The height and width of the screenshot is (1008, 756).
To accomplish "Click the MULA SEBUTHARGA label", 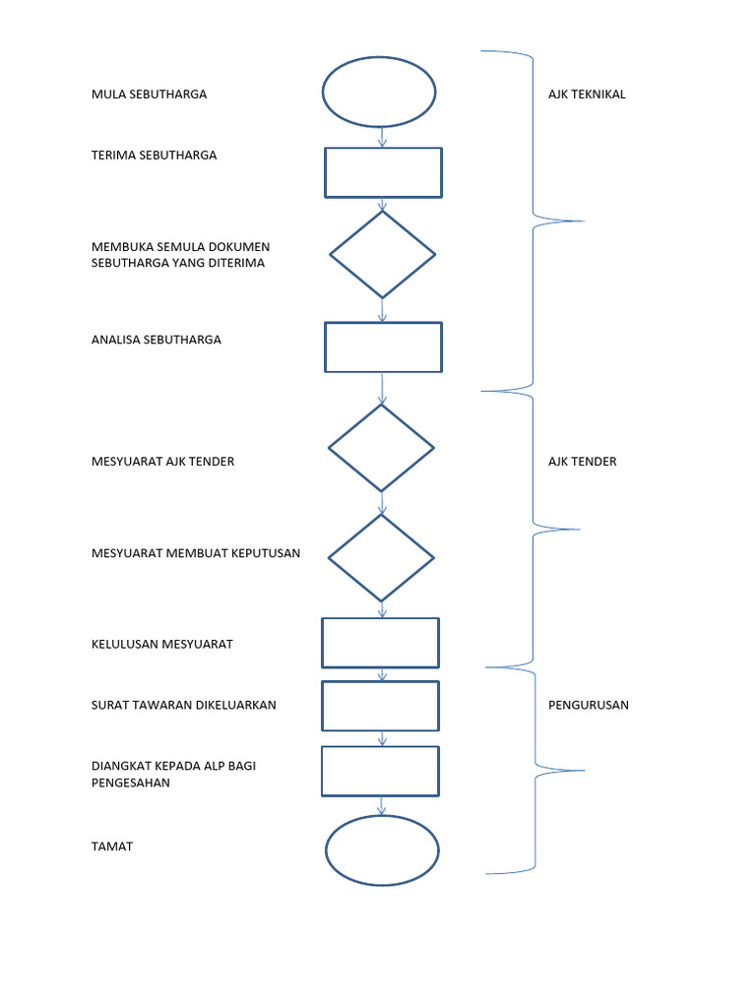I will click(x=149, y=94).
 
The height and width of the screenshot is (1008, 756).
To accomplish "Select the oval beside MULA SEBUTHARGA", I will click(x=379, y=92).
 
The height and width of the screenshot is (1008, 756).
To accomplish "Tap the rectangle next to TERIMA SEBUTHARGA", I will click(x=383, y=173).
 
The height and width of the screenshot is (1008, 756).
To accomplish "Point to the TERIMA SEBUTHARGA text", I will click(x=154, y=156).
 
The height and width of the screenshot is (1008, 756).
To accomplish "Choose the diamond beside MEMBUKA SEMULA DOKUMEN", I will click(x=382, y=254).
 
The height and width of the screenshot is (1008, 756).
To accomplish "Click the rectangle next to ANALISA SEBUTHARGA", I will click(x=383, y=347).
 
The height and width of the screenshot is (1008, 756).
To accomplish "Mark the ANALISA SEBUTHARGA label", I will click(x=156, y=340).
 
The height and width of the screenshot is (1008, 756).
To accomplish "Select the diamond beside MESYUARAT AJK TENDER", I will click(x=381, y=448).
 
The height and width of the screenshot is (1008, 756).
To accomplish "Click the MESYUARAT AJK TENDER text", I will click(x=162, y=461).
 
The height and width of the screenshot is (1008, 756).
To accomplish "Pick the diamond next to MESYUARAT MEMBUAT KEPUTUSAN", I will click(x=381, y=557).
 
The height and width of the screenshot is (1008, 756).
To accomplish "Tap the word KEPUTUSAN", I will click(x=266, y=553).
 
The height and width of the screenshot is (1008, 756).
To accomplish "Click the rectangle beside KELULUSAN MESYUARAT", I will click(x=380, y=643).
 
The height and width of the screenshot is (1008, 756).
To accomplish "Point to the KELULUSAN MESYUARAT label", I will click(x=161, y=644).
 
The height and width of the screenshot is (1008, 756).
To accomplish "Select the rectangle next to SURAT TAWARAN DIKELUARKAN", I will click(x=380, y=705).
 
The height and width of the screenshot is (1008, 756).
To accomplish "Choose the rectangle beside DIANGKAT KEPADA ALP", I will click(x=380, y=771).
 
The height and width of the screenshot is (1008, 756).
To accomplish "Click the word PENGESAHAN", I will click(x=130, y=783).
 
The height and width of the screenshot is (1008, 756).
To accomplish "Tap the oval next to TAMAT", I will click(x=382, y=850).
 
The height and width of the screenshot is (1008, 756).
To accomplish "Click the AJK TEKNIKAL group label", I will click(x=587, y=94).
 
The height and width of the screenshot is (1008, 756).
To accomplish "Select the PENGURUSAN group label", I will click(x=588, y=705).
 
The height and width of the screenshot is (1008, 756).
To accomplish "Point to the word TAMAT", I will click(x=111, y=847).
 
